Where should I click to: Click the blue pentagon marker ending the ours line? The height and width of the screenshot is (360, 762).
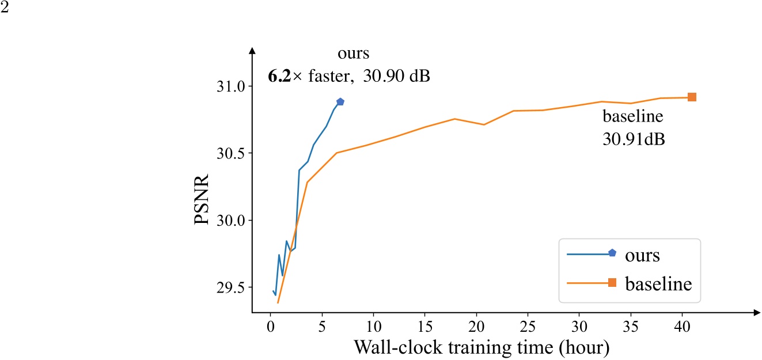[x=340, y=101]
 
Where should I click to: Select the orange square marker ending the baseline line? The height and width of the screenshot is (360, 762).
[x=692, y=97]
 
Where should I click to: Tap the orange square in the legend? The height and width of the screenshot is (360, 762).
[x=612, y=282]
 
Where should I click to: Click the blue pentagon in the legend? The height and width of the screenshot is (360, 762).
[x=612, y=253]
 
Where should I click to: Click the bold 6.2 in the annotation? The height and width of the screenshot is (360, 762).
[x=280, y=75]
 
